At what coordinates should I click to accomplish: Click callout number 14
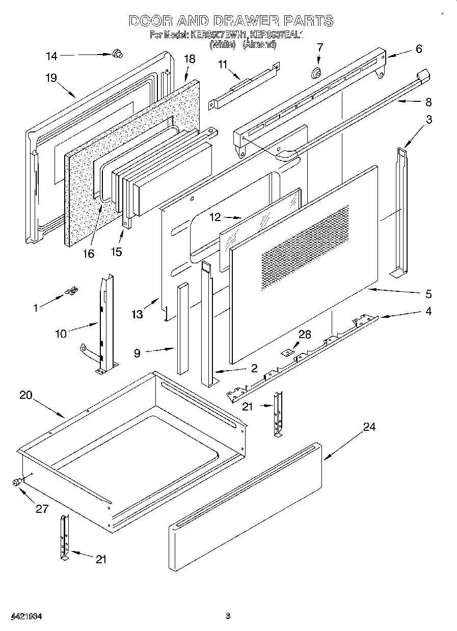[51, 56]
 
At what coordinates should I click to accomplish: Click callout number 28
[305, 334]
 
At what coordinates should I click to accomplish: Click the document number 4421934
[25, 616]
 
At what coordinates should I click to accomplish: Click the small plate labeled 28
[288, 352]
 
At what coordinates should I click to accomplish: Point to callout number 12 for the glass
[216, 217]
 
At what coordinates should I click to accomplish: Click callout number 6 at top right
[419, 49]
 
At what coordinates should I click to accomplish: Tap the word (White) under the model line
[222, 45]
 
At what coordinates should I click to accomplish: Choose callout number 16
[89, 253]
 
